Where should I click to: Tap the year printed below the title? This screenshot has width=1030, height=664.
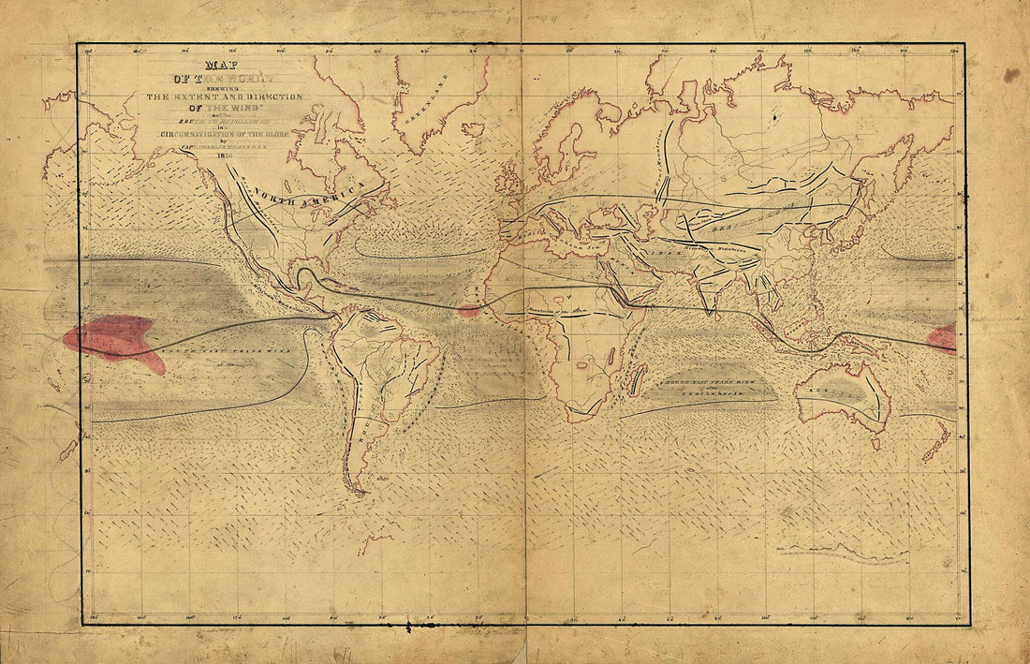coord(224,156)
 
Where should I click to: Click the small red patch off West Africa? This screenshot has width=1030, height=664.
coord(470,310)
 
